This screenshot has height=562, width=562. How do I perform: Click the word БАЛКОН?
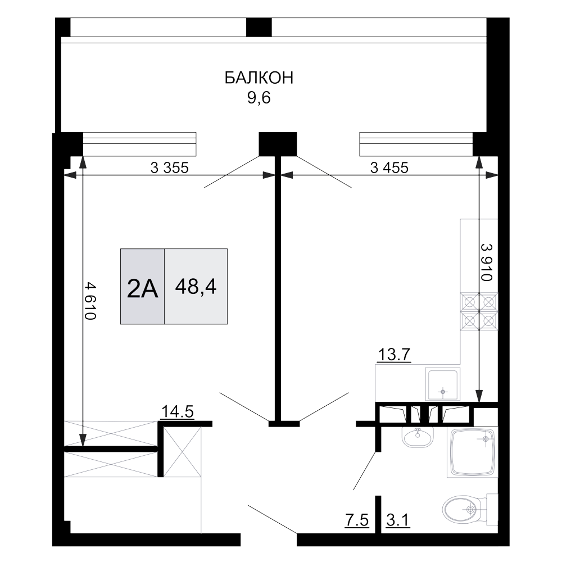(258, 78)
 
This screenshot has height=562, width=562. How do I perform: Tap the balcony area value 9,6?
(258, 98)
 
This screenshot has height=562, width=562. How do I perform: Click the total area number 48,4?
(196, 287)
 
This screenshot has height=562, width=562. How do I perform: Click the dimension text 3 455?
(389, 167)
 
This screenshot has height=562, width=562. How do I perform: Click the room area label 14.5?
(177, 413)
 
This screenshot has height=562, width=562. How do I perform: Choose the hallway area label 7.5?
(357, 520)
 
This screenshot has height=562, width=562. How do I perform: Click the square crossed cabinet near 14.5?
(182, 452)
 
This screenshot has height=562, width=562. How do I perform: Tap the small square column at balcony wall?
(277, 144)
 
